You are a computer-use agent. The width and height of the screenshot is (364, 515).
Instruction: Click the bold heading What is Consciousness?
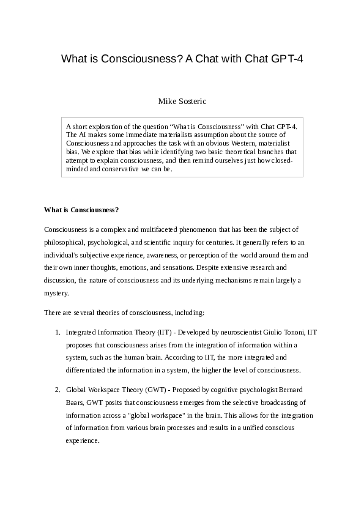[x=81, y=210]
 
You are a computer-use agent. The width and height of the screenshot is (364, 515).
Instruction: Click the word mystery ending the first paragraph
[x=56, y=293]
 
